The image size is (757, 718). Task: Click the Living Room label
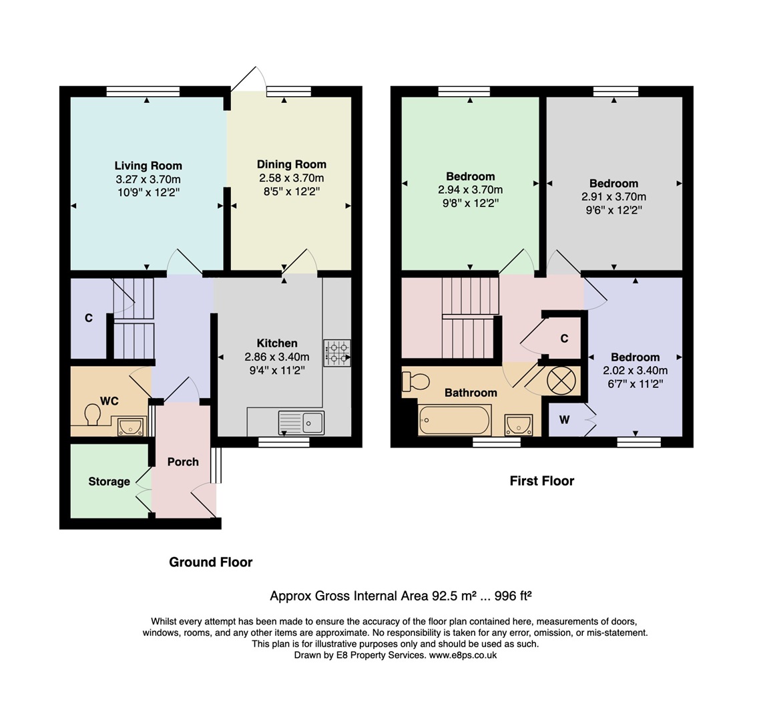148,166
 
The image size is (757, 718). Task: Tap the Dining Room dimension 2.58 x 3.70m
292,178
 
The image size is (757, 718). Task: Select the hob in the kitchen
337,353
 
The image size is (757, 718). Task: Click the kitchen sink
302,422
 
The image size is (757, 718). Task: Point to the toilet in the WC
93,415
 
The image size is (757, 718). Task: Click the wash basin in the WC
131,425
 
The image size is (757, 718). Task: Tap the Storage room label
109,482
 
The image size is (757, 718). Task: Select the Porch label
183,462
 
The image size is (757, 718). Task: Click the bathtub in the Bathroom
454,421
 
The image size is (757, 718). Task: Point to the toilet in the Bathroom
416,381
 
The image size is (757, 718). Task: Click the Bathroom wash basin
518,423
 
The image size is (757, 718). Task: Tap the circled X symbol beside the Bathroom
561,381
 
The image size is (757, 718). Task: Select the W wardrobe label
564,420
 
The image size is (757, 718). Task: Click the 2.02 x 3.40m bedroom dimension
635,371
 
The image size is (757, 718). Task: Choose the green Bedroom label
471,176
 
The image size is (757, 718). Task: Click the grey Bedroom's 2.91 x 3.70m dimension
613,197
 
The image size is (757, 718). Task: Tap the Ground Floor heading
211,562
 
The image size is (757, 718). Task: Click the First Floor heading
541,481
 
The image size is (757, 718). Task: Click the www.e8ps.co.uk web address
462,655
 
